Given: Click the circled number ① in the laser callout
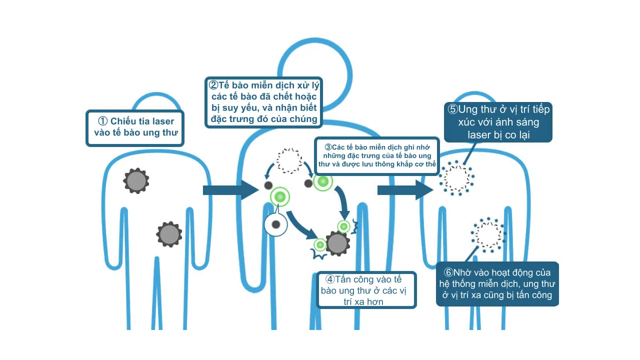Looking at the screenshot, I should tap(102, 121).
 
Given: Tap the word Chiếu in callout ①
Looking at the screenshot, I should tap(122, 121).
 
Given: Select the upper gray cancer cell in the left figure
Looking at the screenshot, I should tap(136, 181).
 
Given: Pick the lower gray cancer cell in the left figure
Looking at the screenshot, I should tap(169, 234).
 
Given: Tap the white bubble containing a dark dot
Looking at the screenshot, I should tap(275, 224).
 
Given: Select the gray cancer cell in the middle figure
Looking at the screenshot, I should tap(337, 243).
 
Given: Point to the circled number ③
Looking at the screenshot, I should tap(328, 147).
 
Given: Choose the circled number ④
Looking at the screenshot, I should tap(330, 279).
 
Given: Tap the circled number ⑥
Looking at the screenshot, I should tap(448, 272).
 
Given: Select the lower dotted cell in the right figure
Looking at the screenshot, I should tap(487, 234).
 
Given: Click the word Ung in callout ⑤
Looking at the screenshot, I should tap(468, 109).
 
